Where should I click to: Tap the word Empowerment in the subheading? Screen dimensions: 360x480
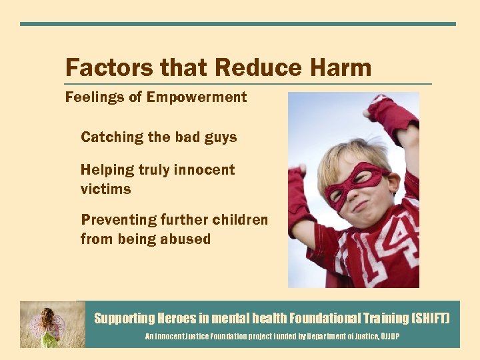coord(197,97)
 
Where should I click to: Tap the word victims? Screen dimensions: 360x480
coord(105,189)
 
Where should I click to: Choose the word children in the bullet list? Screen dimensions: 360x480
coord(241,220)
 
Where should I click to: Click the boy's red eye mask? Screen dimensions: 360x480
coord(357,179)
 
